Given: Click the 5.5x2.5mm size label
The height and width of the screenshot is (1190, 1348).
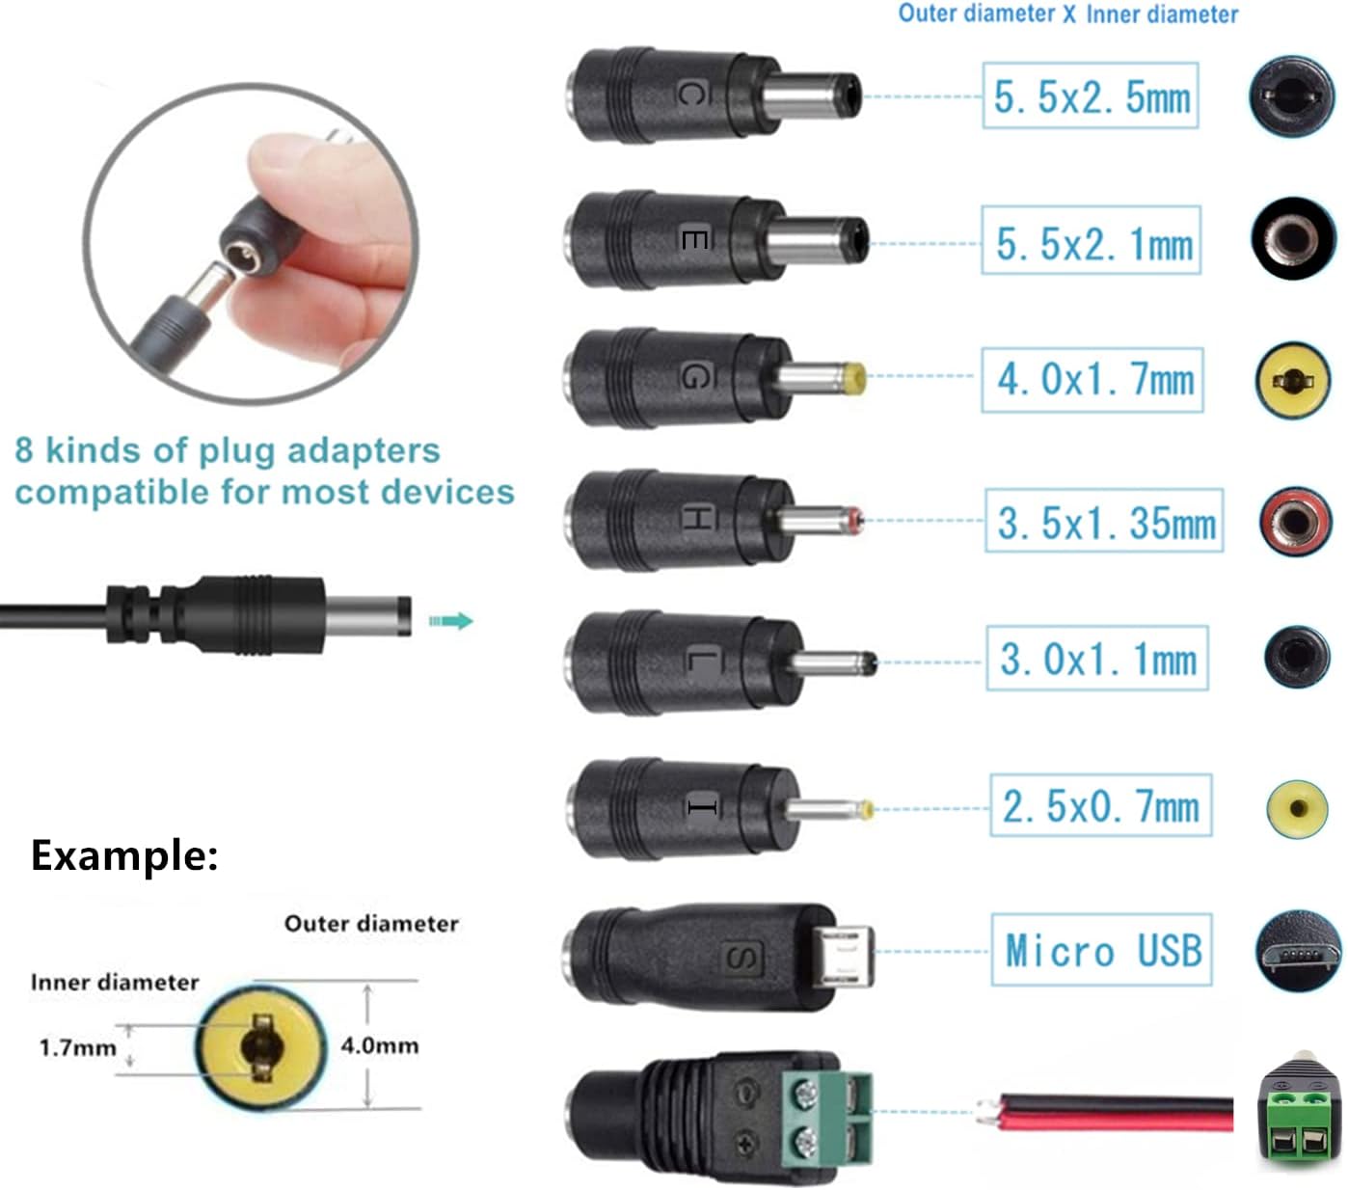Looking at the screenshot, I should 1091,96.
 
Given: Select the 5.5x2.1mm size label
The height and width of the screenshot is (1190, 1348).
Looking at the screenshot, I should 1092,241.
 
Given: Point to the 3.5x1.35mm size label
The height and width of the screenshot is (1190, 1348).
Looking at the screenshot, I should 1104,522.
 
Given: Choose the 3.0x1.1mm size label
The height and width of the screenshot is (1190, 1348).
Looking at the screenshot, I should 1097,660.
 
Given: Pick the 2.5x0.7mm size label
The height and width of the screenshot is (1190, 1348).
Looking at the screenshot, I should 1100,806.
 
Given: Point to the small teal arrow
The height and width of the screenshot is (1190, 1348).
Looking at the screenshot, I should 450,621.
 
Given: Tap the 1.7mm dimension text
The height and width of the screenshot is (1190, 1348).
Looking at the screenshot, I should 77,1047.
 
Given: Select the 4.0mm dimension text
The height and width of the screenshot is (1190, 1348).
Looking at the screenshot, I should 379,1045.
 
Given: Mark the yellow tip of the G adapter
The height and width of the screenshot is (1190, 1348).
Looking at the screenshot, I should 852,378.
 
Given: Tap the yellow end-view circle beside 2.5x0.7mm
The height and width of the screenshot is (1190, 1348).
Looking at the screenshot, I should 1297,807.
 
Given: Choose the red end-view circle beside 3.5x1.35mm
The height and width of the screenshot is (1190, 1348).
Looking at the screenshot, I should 1295,522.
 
